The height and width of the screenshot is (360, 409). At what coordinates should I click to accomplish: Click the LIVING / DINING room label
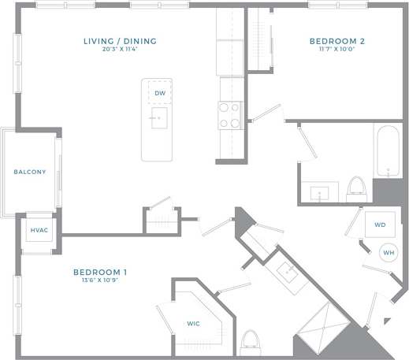click(x=120, y=41)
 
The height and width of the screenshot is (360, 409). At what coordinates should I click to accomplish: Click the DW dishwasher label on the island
click(x=159, y=93)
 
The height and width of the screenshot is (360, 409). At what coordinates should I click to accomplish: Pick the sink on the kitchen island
click(x=159, y=120)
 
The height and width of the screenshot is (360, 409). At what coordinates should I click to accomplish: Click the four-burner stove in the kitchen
click(x=229, y=115)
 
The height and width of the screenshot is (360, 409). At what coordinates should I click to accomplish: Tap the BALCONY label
click(x=30, y=172)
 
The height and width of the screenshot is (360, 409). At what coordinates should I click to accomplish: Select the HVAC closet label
click(x=39, y=230)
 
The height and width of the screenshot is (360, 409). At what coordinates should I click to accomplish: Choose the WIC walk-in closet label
click(x=194, y=323)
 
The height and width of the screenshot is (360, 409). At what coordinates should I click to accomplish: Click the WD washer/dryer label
click(x=380, y=225)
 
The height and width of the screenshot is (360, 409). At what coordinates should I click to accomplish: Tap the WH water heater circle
click(x=388, y=252)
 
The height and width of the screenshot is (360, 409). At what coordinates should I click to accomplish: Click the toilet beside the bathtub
click(x=356, y=189)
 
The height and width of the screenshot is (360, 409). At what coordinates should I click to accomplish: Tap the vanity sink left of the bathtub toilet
click(x=321, y=192)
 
